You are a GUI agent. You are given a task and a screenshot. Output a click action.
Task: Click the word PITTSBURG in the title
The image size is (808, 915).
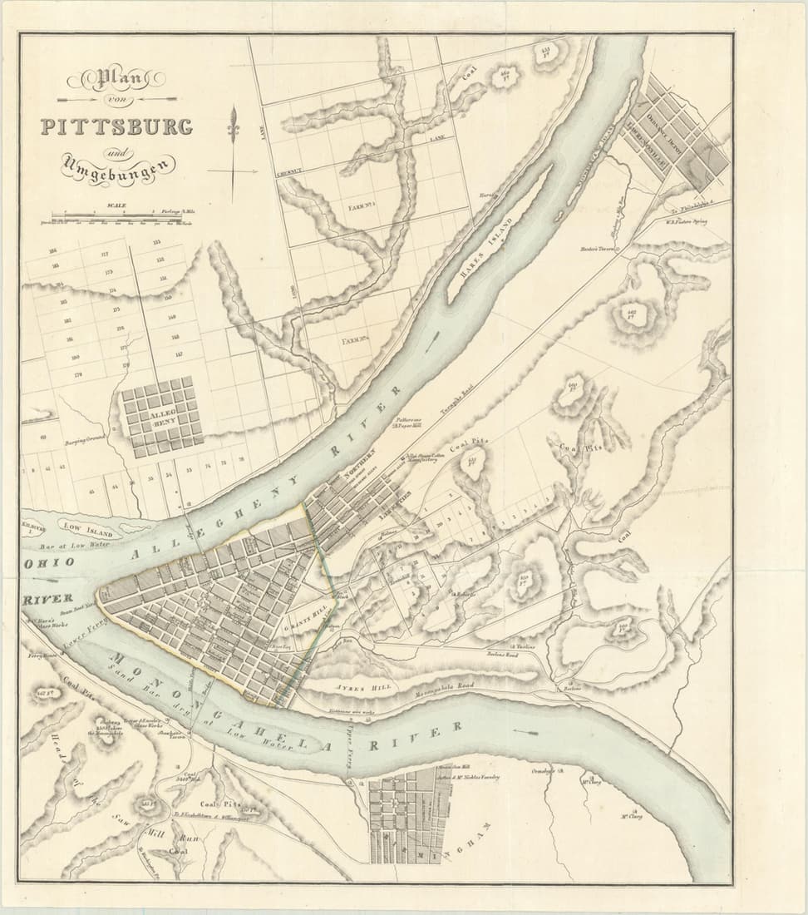(x=116, y=127)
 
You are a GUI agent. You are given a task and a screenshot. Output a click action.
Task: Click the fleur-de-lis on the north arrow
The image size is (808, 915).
(x=234, y=125)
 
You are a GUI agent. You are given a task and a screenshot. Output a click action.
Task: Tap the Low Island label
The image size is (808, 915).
(x=82, y=530)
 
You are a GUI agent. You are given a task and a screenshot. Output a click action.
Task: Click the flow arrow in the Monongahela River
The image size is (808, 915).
(x=525, y=732)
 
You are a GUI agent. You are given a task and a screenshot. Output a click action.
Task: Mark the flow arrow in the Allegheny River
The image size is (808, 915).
(x=433, y=340)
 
